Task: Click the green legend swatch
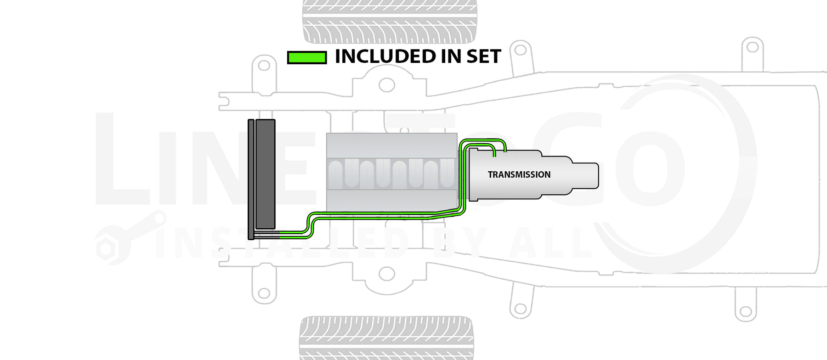pyautogui.click(x=307, y=57)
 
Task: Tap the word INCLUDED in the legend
pyautogui.click(x=385, y=56)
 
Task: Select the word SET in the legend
pyautogui.click(x=483, y=56)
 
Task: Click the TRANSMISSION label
pyautogui.click(x=519, y=174)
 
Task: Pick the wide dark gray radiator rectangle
pyautogui.click(x=265, y=174)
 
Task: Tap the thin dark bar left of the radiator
pyautogui.click(x=251, y=179)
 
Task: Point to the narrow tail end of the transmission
pyautogui.click(x=585, y=175)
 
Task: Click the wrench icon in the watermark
pyautogui.click(x=129, y=239)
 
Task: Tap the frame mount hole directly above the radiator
pyautogui.click(x=264, y=65)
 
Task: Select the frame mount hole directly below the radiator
pyautogui.click(x=264, y=293)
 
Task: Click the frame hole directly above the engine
pyautogui.click(x=387, y=85)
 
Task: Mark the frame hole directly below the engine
pyautogui.click(x=387, y=274)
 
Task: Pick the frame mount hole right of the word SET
pyautogui.click(x=521, y=49)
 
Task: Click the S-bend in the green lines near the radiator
pyautogui.click(x=309, y=225)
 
